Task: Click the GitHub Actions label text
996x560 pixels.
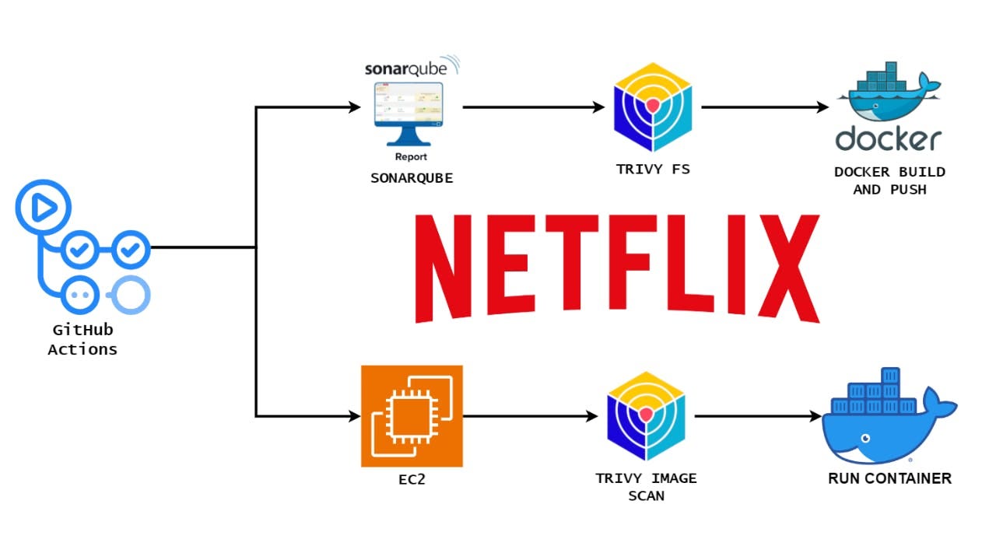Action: tap(82, 340)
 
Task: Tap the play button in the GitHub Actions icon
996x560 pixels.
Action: tap(43, 207)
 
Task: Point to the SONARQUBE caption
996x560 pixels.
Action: tap(412, 178)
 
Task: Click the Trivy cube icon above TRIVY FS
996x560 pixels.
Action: tap(653, 107)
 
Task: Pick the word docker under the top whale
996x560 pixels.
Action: tap(888, 140)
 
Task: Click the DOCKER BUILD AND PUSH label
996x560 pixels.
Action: tap(889, 180)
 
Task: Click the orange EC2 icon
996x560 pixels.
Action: tap(412, 416)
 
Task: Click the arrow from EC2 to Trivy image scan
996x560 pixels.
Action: tap(530, 416)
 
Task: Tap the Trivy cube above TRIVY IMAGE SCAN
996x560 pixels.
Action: tap(647, 416)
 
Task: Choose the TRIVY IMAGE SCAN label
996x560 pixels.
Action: tap(647, 486)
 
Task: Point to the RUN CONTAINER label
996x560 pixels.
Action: tap(889, 478)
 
